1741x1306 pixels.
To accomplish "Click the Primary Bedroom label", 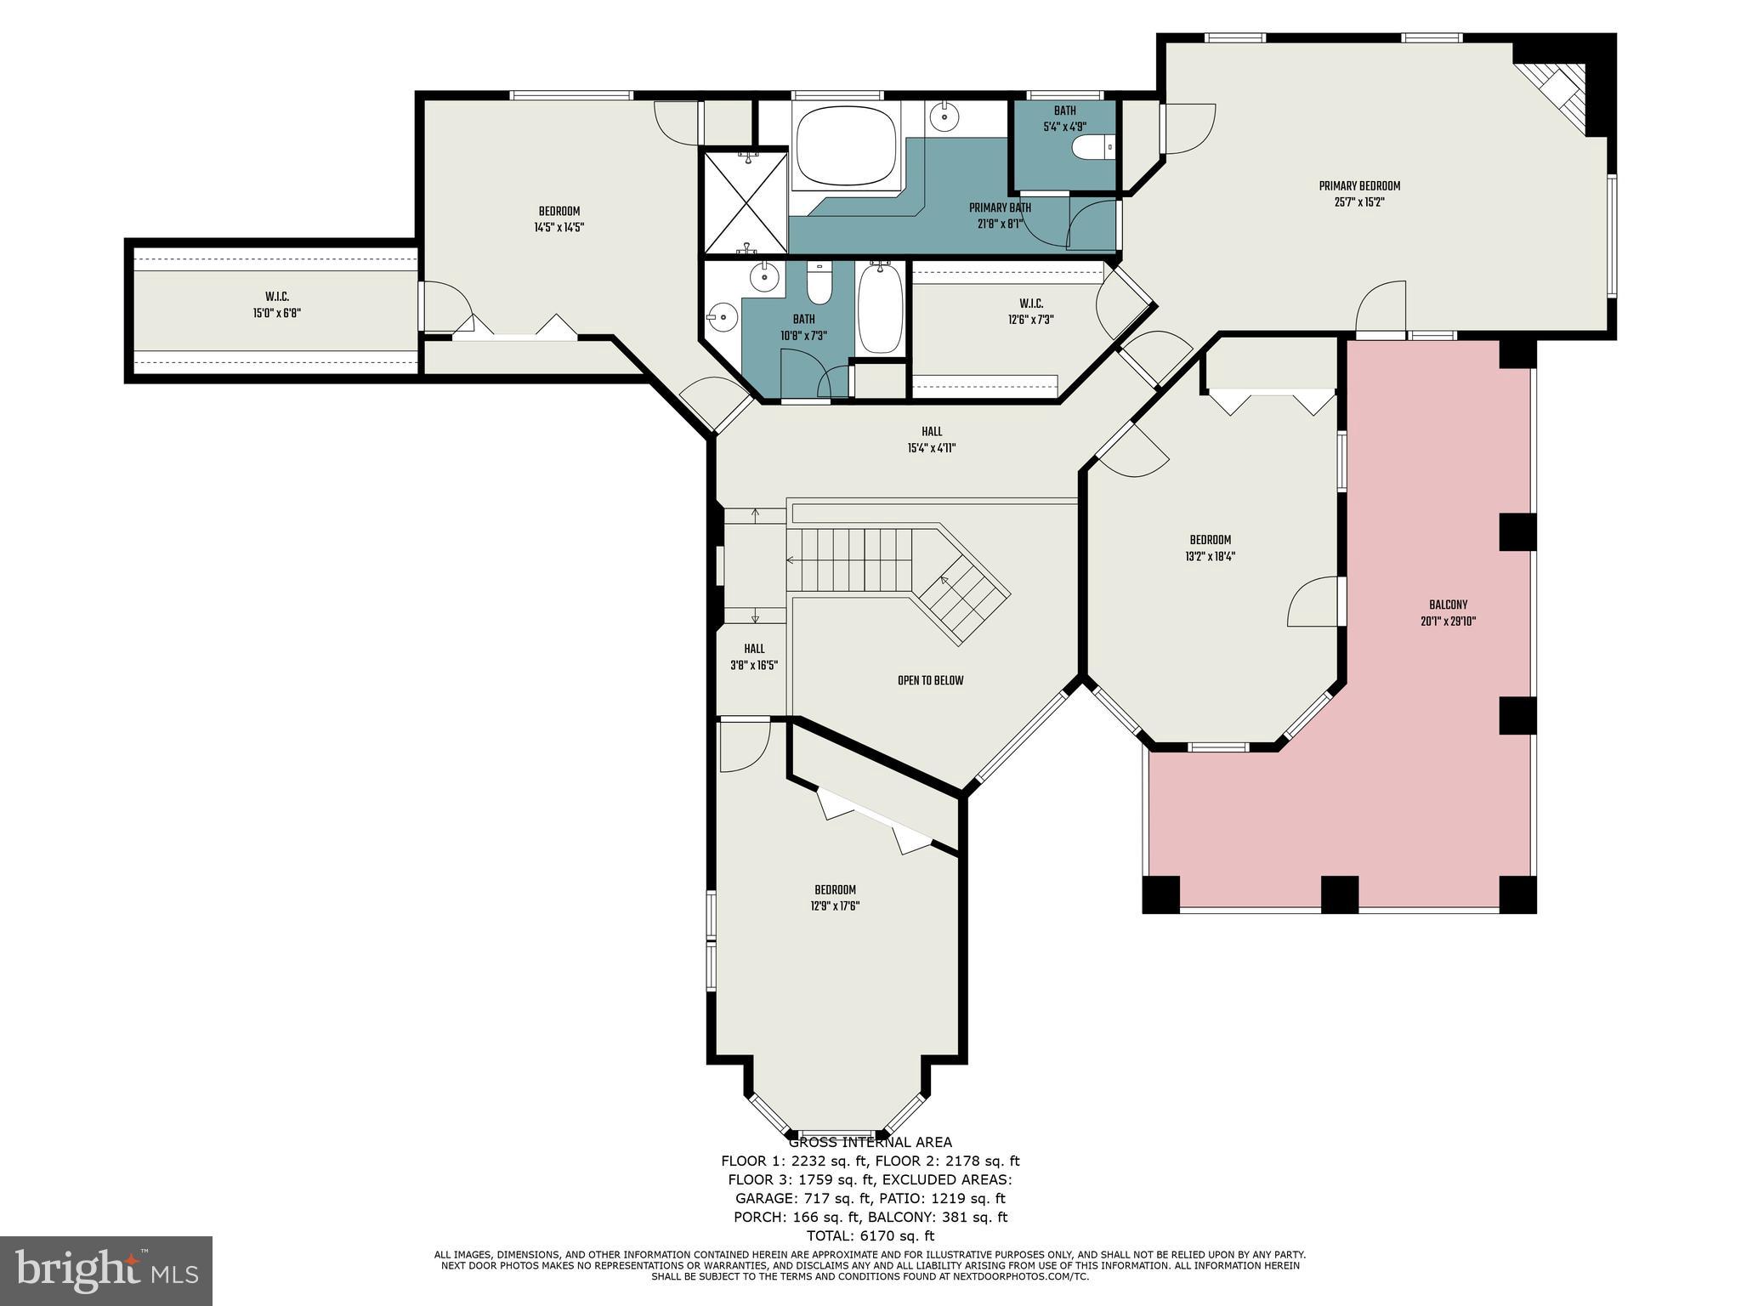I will pos(1358,186).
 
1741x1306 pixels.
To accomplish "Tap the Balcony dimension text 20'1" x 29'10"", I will pos(1448,622).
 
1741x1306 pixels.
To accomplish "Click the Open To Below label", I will pos(930,681).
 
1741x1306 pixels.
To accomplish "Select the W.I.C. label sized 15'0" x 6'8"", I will pos(277,297).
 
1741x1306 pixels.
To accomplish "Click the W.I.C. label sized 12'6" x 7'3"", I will pos(1030,304).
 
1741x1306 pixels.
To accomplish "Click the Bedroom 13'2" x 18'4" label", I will pos(1210,540).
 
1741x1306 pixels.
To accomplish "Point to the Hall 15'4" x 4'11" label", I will pos(932,432).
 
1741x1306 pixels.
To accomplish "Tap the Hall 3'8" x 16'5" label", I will pos(754,649).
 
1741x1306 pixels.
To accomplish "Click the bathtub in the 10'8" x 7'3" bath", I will pos(881,308).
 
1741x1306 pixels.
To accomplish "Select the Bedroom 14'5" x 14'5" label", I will pos(559,212).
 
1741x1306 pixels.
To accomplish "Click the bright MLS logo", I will pos(106,1270).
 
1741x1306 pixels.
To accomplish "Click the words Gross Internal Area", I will pos(870,1142).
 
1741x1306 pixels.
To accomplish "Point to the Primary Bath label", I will pos(1000,207).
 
